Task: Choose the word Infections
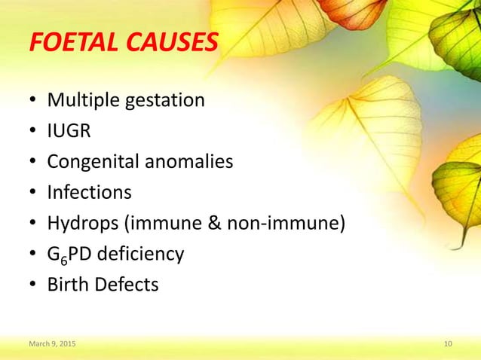89,192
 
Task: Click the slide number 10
448,344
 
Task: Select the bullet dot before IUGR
33,132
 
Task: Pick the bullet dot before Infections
33,194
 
